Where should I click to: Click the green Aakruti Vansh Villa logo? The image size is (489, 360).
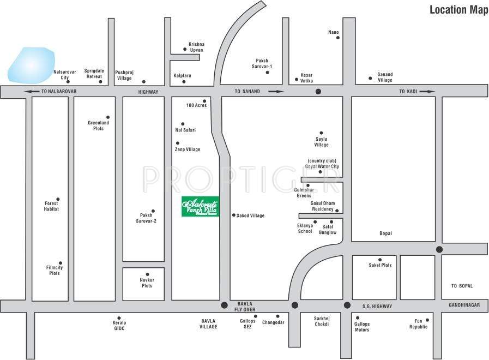(200, 207)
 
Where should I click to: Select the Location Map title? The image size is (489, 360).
(455, 10)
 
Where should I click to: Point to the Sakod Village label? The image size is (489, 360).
(250, 216)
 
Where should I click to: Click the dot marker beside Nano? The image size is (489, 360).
(337, 39)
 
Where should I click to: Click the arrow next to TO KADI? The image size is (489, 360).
(428, 92)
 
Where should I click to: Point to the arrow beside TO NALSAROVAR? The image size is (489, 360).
(33, 92)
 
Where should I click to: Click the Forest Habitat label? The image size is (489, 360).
(51, 206)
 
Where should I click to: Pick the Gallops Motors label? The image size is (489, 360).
(361, 327)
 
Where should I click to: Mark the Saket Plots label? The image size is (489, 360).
(380, 265)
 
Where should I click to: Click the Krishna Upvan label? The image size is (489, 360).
(196, 46)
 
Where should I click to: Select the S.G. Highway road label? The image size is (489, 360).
(377, 307)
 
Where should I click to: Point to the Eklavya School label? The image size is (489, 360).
(305, 229)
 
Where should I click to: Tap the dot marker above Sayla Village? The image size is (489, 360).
(321, 133)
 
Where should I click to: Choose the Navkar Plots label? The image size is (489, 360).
(147, 283)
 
